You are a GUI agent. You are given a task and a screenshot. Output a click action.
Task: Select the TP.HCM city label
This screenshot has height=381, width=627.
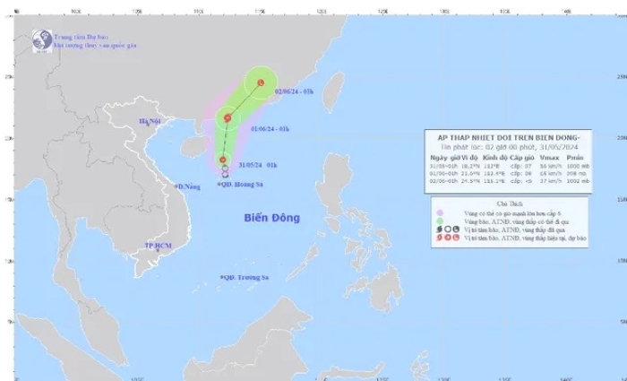(157, 245)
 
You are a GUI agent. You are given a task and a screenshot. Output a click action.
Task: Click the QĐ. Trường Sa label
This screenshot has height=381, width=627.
(245, 278)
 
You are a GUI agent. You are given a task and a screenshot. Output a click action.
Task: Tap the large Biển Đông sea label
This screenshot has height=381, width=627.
(271, 219)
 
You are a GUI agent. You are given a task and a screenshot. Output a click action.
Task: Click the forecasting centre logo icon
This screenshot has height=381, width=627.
(40, 39)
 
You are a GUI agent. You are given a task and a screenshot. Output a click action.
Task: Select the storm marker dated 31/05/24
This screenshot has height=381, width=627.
(223, 160)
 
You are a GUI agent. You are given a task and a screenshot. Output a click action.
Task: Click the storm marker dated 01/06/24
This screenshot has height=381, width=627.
(228, 117)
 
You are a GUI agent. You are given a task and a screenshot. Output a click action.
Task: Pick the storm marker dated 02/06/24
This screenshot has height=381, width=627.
(261, 83)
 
